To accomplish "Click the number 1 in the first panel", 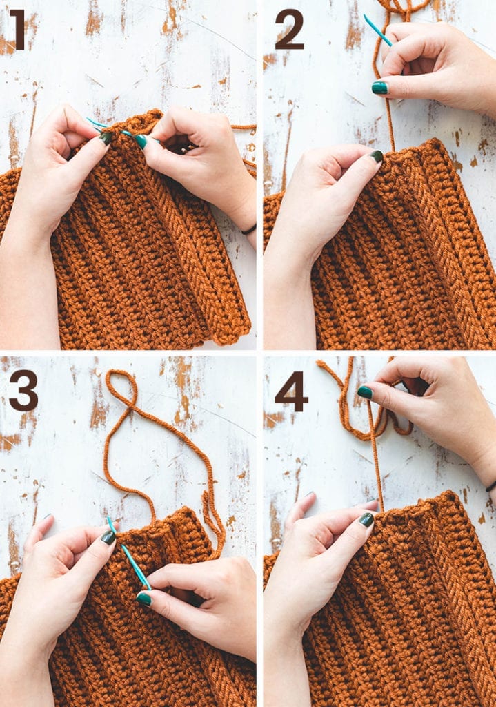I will click(17, 30).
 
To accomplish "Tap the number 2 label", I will click(289, 30).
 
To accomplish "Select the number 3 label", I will click(23, 390).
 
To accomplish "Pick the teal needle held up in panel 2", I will click(377, 30).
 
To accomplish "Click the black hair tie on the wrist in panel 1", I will click(249, 229).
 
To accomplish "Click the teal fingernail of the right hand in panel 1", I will click(141, 141).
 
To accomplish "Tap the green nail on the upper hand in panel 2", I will click(379, 88).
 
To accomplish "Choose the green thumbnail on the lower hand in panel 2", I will click(377, 157).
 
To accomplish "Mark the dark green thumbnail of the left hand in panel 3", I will click(108, 537).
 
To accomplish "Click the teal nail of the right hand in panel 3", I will click(143, 599).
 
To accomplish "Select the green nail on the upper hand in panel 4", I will click(364, 392).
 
